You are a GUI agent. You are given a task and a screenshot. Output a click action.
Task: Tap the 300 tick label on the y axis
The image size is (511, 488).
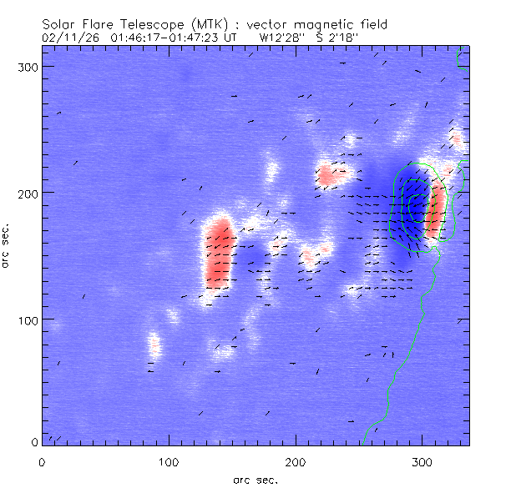tap(28, 66)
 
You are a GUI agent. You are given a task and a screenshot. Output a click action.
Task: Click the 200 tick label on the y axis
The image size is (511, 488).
tap(28, 193)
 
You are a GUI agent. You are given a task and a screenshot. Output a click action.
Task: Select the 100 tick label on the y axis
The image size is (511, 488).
tap(28, 319)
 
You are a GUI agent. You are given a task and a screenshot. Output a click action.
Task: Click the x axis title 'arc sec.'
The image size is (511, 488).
tap(255, 479)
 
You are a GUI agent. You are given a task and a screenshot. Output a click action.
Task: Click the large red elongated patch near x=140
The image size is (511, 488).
tap(219, 253)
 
